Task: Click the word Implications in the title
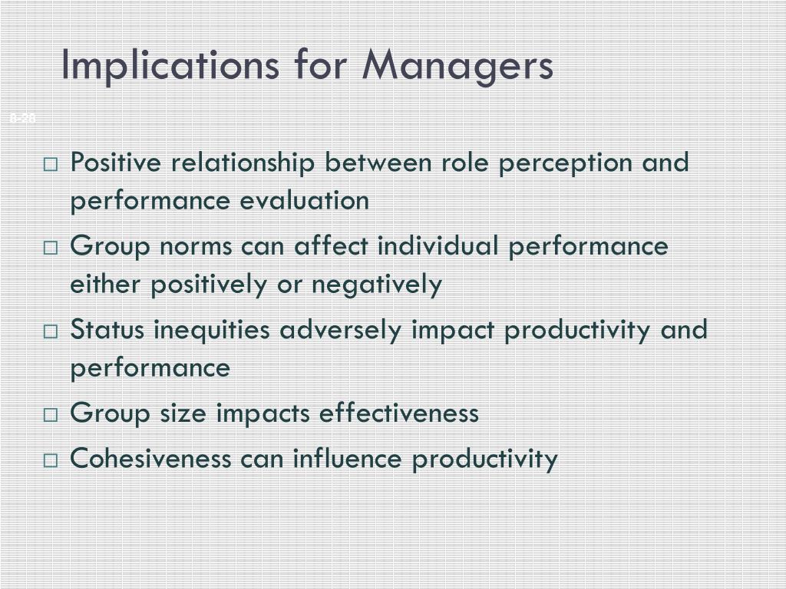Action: (169, 66)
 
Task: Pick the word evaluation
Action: (305, 201)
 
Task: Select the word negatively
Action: (377, 285)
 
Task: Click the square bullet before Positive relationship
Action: (51, 164)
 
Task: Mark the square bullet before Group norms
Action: (51, 248)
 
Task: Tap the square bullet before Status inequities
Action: (51, 331)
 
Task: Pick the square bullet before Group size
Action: (51, 415)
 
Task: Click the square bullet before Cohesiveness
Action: (51, 460)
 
